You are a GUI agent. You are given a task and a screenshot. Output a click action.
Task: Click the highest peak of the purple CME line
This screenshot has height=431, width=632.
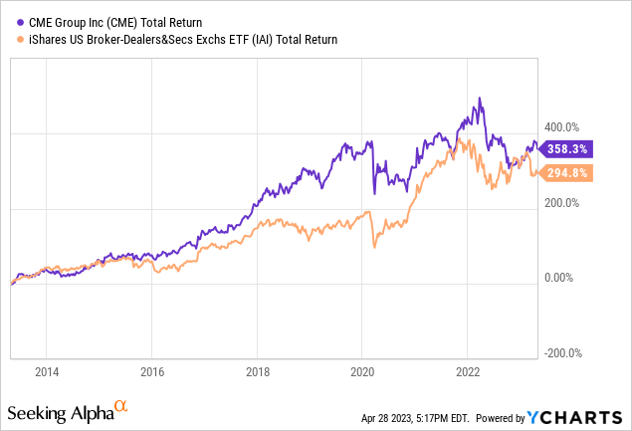(481, 98)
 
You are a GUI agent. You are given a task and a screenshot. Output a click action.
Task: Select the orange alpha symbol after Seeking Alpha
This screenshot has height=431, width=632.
(121, 406)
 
